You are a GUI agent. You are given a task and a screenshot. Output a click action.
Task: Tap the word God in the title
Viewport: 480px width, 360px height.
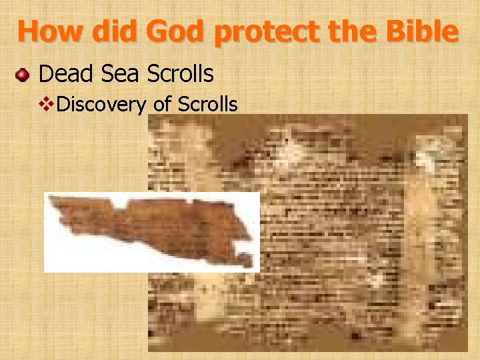coord(173,31)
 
